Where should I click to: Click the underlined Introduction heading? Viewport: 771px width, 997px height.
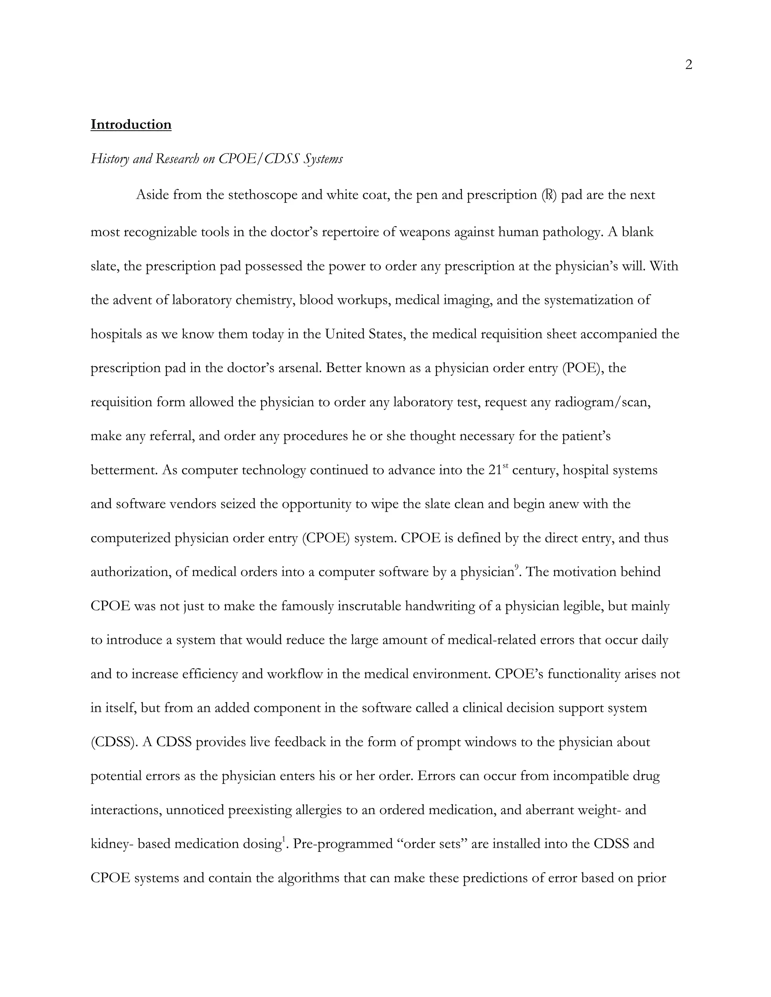131,125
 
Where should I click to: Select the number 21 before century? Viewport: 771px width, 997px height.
495,470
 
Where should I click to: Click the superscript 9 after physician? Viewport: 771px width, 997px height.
517,567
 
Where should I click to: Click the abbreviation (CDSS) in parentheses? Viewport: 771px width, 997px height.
114,742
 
